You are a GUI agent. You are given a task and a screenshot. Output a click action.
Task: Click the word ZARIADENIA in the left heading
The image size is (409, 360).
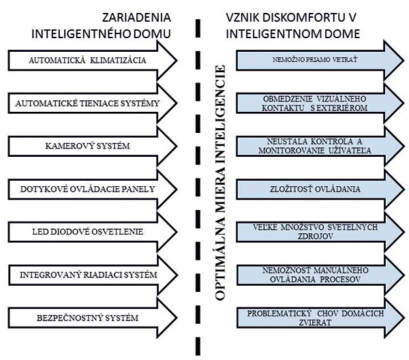(136, 18)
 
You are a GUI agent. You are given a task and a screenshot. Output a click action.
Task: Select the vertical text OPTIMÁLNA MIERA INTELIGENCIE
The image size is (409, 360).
(220, 183)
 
